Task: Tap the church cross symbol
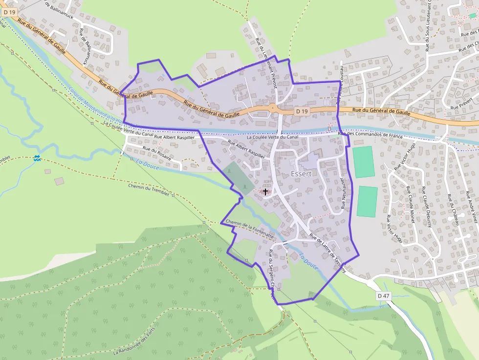pos(265,191)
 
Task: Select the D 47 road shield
pos(384,296)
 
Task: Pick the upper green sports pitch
pos(364,162)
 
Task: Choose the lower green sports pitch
pos(367,201)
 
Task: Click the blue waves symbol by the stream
pos(37,158)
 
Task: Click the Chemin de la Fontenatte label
pos(250,229)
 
